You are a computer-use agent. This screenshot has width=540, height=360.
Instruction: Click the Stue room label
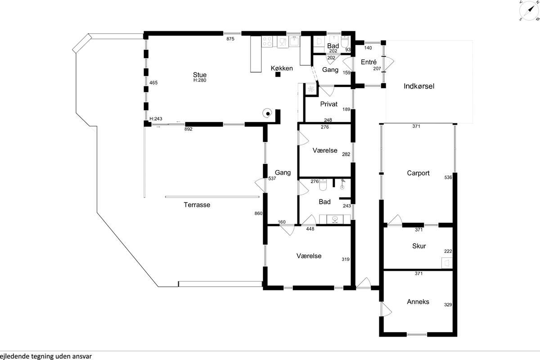click(200, 75)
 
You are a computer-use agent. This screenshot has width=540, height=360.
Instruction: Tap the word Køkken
click(282, 68)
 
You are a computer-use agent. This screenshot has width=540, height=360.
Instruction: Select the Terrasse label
click(197, 205)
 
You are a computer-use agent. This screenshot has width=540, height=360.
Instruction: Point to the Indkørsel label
click(419, 86)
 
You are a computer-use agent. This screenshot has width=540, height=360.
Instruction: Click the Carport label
click(418, 173)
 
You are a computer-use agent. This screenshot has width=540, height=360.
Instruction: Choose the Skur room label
click(419, 246)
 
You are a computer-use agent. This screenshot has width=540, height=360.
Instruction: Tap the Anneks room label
click(418, 301)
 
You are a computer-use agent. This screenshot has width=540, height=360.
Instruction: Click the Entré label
click(369, 62)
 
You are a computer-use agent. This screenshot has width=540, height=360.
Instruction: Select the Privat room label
click(329, 104)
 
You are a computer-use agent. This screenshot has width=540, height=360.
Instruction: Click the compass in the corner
click(529, 10)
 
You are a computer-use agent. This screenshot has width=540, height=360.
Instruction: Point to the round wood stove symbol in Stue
click(267, 113)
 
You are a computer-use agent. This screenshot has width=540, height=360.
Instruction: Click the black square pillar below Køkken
click(278, 75)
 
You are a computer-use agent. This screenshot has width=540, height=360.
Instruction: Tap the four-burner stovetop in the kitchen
click(267, 41)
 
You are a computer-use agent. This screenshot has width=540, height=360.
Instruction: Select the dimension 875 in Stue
click(230, 39)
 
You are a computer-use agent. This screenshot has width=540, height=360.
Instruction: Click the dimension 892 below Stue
click(188, 129)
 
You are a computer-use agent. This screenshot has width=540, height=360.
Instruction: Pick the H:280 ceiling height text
click(200, 80)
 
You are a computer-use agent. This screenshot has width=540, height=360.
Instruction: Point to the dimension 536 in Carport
click(448, 177)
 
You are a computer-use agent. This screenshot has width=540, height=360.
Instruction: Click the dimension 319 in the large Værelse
click(346, 259)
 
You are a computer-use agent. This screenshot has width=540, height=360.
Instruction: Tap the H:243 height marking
click(156, 119)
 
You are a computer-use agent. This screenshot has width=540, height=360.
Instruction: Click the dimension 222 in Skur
click(448, 251)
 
